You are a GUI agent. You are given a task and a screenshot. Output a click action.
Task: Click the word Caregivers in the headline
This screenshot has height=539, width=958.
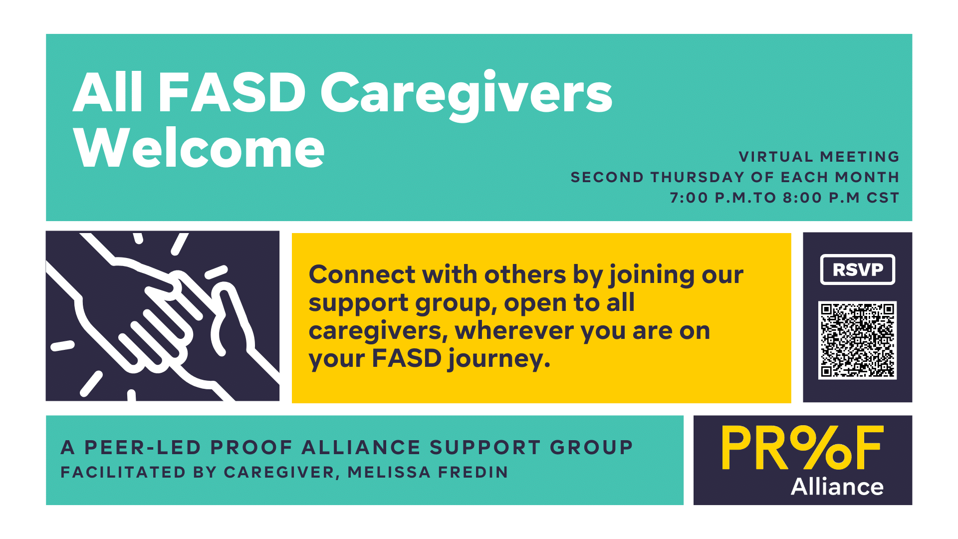(467, 95)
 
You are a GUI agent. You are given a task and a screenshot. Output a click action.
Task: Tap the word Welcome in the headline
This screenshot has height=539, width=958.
(199, 148)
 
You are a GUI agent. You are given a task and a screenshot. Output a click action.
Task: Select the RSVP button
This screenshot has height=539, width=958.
(858, 269)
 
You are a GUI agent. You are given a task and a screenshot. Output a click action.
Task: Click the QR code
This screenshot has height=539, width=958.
(857, 340)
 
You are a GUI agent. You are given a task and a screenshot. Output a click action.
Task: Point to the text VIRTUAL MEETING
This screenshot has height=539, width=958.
(819, 157)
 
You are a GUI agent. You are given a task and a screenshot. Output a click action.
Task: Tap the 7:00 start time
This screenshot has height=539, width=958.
(689, 198)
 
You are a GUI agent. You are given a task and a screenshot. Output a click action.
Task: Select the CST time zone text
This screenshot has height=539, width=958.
(883, 198)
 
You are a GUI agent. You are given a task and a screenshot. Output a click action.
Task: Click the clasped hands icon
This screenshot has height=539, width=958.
(163, 316)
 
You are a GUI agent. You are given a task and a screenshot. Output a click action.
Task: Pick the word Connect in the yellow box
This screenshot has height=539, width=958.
(362, 274)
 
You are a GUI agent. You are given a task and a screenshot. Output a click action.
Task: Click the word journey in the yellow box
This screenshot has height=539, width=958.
(499, 359)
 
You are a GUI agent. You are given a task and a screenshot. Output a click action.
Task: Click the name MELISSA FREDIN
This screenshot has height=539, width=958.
(428, 472)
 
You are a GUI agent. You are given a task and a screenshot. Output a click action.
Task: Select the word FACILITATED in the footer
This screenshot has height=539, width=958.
(123, 472)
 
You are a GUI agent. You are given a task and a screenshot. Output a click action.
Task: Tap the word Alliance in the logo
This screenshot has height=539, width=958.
(837, 487)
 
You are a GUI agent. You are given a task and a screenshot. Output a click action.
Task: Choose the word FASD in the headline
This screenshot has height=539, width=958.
(232, 93)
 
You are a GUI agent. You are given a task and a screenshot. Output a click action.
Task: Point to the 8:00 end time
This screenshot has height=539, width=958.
(802, 198)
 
